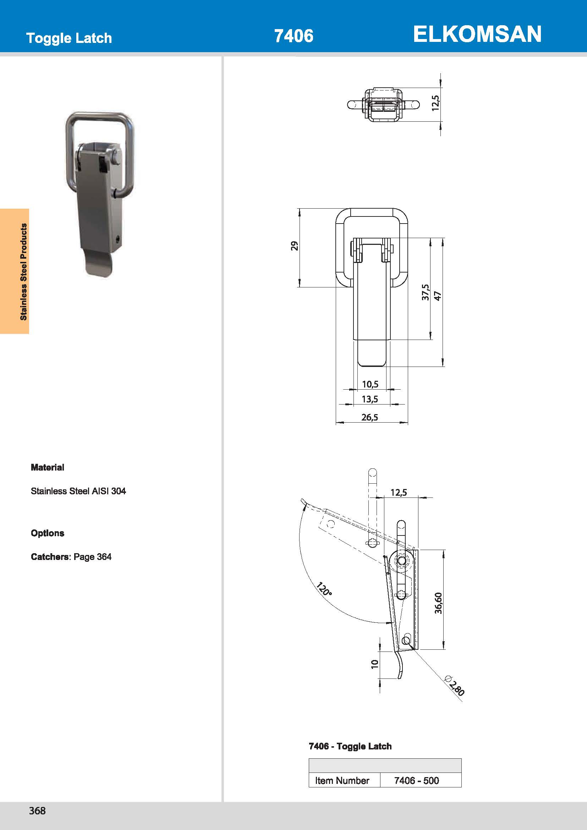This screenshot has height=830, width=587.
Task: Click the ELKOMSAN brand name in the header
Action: pos(477,34)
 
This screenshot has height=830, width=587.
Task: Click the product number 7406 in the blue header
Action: pos(293,36)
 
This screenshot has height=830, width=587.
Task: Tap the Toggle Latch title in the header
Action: pos(69,38)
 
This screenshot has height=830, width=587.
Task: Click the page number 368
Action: pos(37,810)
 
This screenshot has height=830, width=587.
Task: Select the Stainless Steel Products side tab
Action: pos(23,271)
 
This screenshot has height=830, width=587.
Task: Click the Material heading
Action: pos(47,467)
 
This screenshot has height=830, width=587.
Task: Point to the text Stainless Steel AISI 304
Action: pos(78,491)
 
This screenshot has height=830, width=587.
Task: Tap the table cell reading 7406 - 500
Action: pos(416,780)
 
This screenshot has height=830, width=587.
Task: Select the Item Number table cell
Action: pos(342,780)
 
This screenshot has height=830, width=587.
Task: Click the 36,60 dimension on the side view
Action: pos(438,603)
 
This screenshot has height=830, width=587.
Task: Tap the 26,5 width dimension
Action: pos(369,417)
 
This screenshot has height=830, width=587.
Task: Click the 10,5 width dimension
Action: pos(370,384)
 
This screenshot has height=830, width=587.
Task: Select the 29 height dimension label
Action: pos(295,246)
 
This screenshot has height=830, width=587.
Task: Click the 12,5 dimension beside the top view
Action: pos(435,103)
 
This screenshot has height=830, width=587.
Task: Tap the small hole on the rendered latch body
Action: pos(117,239)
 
